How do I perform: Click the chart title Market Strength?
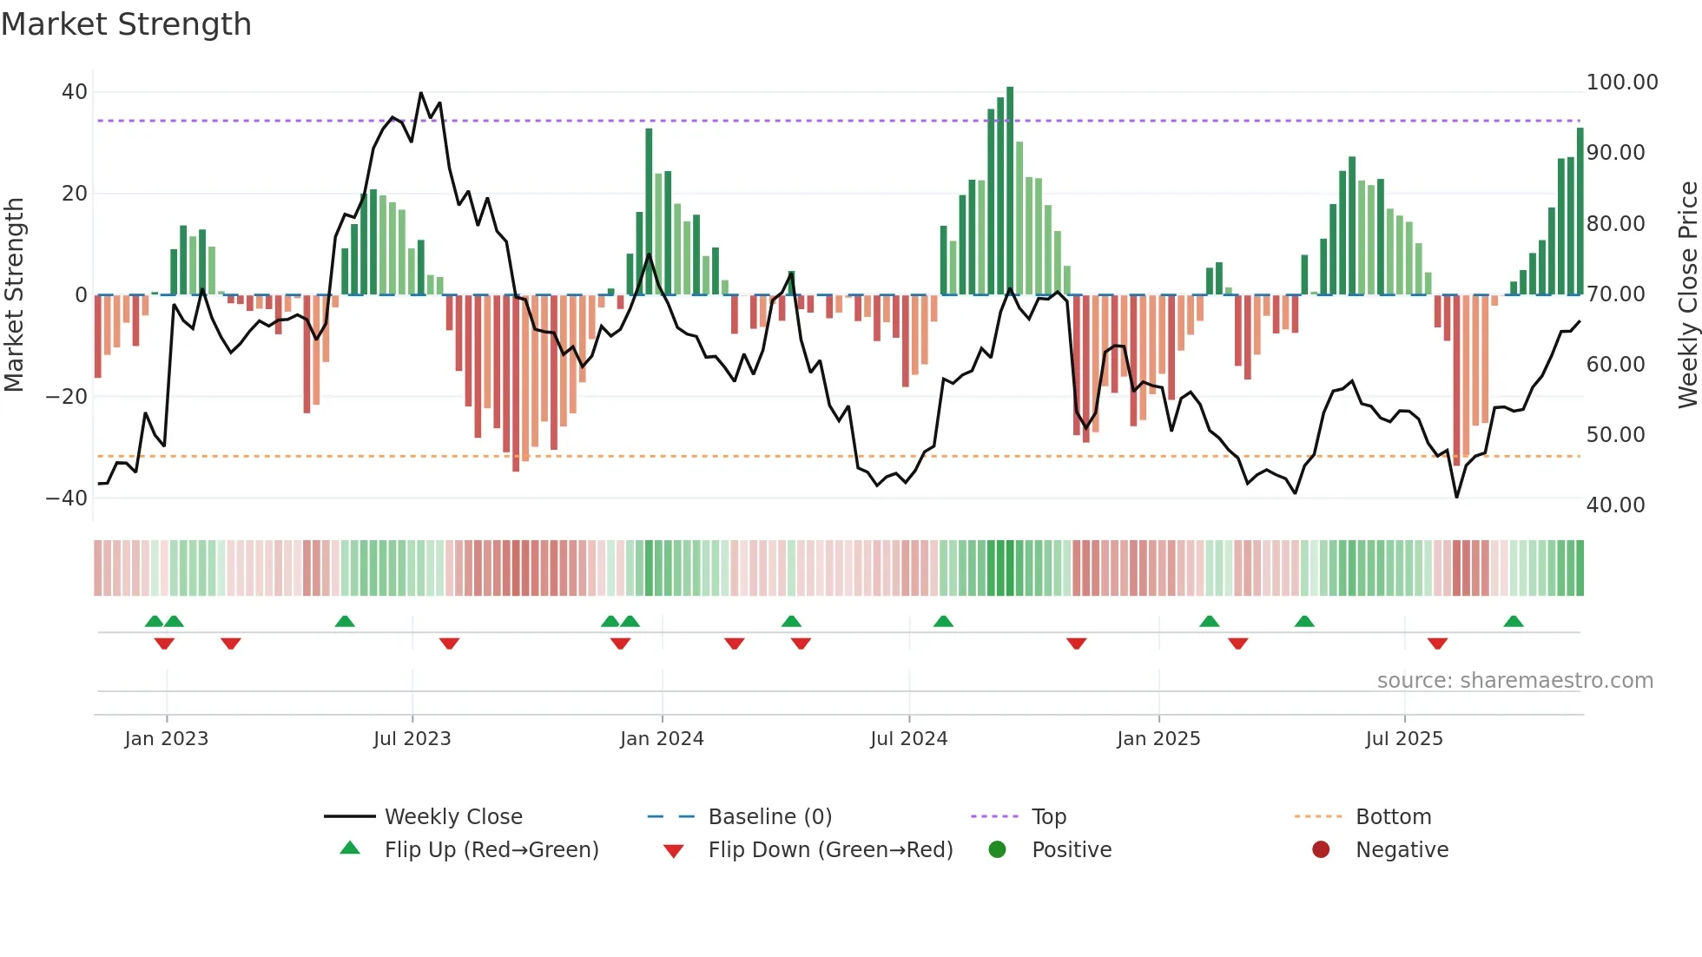(x=126, y=24)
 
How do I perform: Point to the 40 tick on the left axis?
(x=75, y=92)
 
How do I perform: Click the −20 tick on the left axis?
(x=67, y=397)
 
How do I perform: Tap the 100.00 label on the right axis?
(x=1621, y=82)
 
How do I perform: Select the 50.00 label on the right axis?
(x=1615, y=435)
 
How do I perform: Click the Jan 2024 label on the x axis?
(x=662, y=739)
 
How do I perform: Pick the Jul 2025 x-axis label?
(x=1403, y=739)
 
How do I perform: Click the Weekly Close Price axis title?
(x=1687, y=295)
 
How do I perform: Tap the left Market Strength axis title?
(x=14, y=295)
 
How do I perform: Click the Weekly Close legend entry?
(x=452, y=817)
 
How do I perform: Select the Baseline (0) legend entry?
(x=769, y=817)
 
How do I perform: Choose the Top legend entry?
(x=1048, y=817)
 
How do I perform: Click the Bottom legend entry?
(x=1393, y=817)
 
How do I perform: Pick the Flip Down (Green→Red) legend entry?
(x=829, y=850)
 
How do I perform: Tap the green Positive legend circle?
(x=997, y=850)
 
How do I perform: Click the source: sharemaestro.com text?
(x=1514, y=681)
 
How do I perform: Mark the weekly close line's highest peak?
(x=421, y=93)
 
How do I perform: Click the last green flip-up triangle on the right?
(x=1514, y=621)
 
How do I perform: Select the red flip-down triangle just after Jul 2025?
(x=1437, y=643)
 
